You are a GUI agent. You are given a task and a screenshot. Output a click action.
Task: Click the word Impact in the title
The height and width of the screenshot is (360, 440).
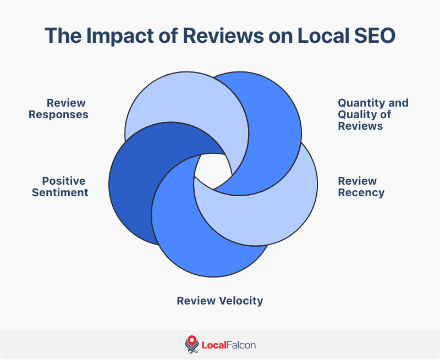point(111,35)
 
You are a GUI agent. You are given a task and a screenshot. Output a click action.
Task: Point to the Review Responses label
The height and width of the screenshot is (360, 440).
point(59,109)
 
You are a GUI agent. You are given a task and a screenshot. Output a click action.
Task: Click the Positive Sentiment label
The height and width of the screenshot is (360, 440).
point(60,187)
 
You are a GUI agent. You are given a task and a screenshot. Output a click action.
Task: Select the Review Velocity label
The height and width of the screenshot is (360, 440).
point(220,301)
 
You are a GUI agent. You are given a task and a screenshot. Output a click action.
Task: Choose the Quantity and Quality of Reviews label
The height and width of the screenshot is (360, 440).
point(373,114)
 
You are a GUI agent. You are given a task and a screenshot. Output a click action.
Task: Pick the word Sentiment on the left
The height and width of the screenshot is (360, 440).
point(60,193)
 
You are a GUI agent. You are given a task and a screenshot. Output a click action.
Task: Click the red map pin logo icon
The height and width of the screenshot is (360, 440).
point(191,345)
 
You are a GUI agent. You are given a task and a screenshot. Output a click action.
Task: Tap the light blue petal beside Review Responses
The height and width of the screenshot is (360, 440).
point(165,104)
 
